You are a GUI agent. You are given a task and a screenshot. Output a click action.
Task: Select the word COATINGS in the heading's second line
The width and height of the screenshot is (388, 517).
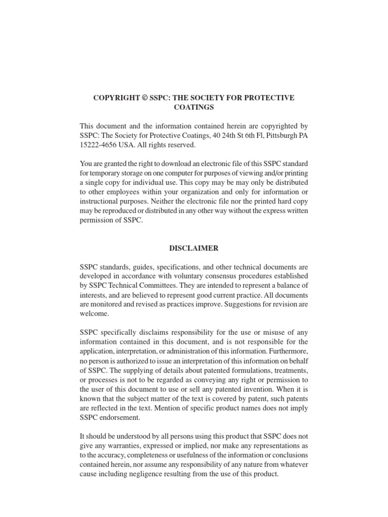194,107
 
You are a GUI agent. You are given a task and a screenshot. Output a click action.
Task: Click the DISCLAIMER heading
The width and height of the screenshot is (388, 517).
194,248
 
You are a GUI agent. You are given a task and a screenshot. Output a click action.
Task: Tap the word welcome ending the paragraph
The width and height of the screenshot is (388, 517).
94,314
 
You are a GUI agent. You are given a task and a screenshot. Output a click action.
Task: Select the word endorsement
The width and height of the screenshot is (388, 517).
121,418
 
